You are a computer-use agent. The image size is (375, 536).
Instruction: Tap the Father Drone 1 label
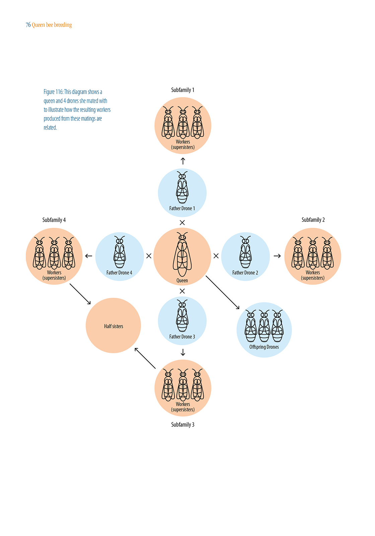tap(182, 208)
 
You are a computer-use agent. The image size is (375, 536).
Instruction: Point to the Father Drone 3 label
tap(182, 337)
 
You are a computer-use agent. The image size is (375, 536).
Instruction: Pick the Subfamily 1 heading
tap(182, 90)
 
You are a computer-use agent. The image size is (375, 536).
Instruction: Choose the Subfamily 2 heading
tap(313, 220)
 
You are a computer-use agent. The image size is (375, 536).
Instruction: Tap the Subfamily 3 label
tap(182, 424)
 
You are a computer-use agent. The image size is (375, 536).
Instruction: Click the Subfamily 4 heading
tap(54, 220)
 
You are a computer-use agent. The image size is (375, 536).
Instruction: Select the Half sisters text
tap(114, 326)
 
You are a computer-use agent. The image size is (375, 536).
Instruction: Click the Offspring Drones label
tap(264, 347)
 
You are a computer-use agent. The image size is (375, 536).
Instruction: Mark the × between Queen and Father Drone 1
tap(182, 222)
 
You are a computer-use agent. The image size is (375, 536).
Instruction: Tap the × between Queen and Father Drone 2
tap(216, 256)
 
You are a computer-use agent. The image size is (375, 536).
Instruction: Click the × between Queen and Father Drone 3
tap(182, 291)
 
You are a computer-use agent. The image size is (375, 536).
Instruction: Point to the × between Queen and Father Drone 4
tap(149, 256)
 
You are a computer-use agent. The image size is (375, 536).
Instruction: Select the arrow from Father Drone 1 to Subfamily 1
tap(183, 161)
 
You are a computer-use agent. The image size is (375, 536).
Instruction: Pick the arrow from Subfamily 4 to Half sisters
tap(80, 294)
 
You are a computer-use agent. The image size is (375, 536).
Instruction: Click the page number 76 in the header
tap(28, 25)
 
